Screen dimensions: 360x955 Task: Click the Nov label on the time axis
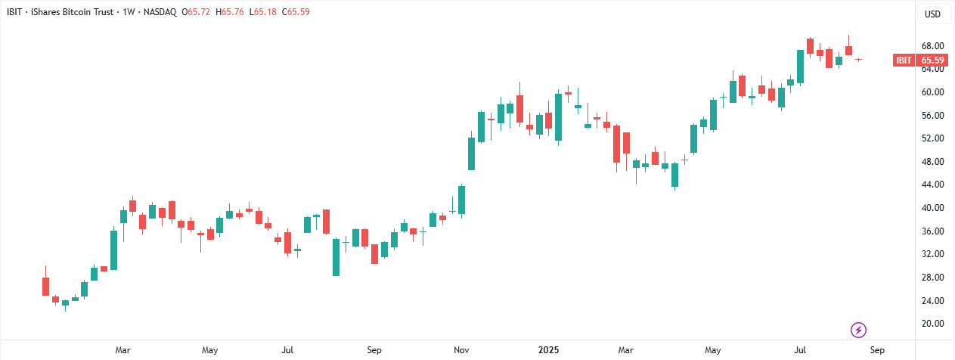pyautogui.click(x=461, y=351)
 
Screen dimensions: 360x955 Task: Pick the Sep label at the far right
pyautogui.click(x=876, y=351)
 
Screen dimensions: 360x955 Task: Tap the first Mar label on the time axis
pyautogui.click(x=122, y=351)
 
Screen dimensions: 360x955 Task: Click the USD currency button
pyautogui.click(x=934, y=14)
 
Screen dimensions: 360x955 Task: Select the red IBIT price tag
pyautogui.click(x=904, y=61)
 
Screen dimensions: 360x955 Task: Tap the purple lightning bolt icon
pyautogui.click(x=859, y=330)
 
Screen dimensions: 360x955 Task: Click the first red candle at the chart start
pyautogui.click(x=45, y=286)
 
